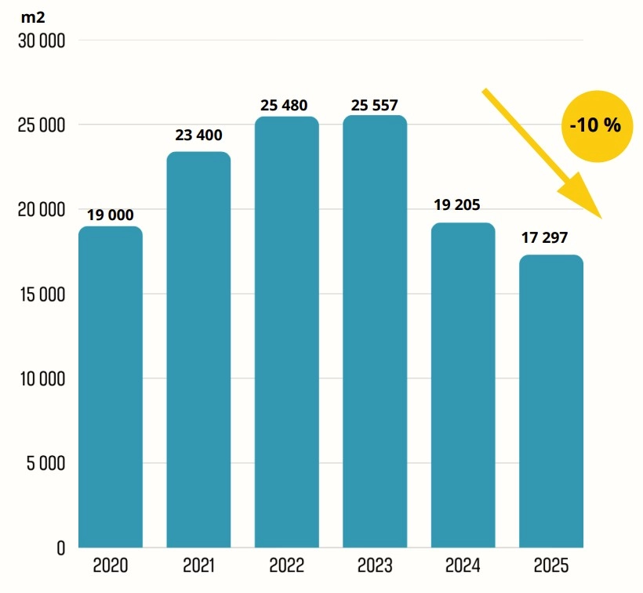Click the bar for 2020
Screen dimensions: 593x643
tap(111, 387)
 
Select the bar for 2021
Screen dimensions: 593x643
tap(198, 349)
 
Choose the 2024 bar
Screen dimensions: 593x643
tap(463, 385)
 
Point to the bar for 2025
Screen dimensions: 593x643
tap(551, 401)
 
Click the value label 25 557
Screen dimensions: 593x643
tap(375, 105)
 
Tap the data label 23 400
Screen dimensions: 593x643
tap(198, 136)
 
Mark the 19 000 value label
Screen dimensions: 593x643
tap(110, 214)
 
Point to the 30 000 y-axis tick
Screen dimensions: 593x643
tap(41, 41)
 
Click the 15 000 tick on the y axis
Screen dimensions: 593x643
tap(41, 295)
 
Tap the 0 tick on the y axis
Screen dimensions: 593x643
tap(60, 548)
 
